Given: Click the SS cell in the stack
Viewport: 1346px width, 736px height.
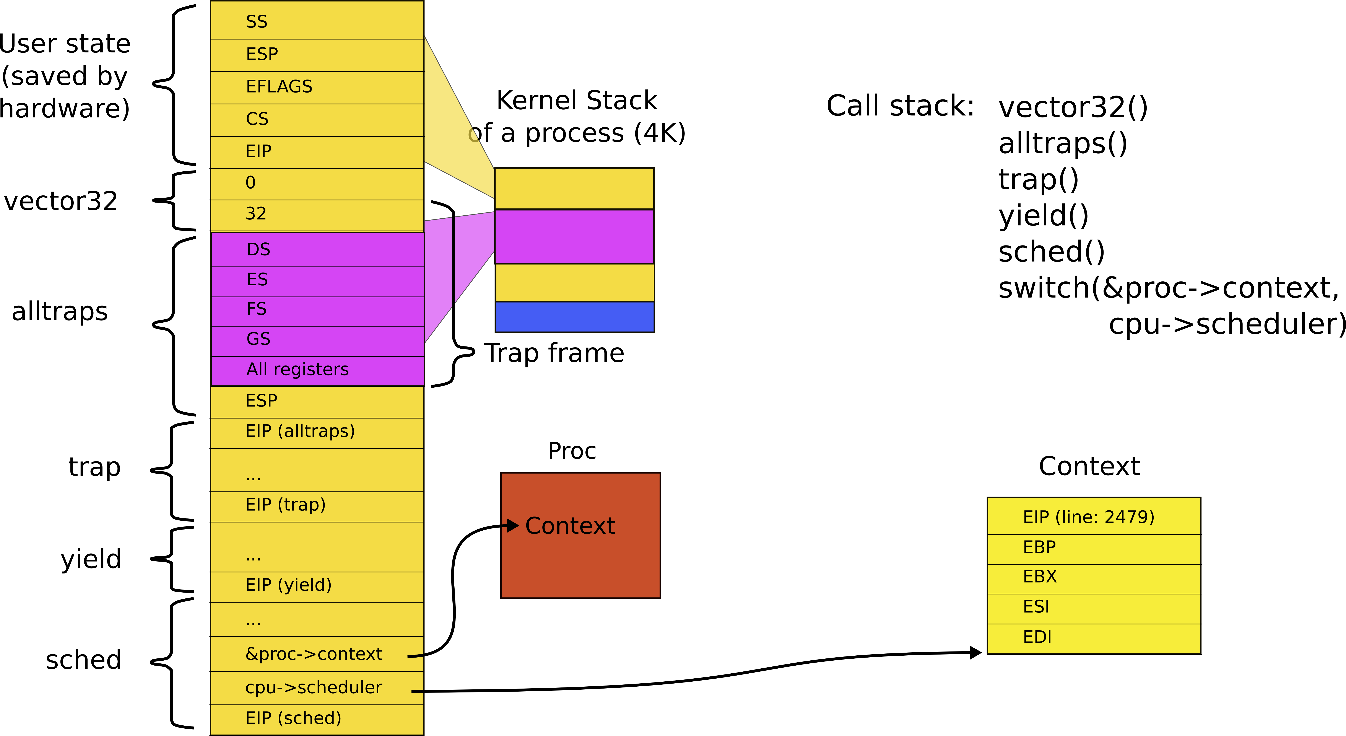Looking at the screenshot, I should [x=317, y=21].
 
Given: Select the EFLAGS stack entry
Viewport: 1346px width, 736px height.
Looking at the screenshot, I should [x=317, y=87].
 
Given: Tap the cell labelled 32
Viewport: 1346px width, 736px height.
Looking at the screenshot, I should [x=317, y=214].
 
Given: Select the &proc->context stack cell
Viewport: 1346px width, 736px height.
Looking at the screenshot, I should [x=317, y=654].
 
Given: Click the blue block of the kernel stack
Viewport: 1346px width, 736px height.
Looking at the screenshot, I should [x=574, y=317].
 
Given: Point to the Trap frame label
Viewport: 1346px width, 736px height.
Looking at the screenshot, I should [x=554, y=353].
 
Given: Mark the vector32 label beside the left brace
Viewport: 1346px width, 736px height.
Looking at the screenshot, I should [x=61, y=201].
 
